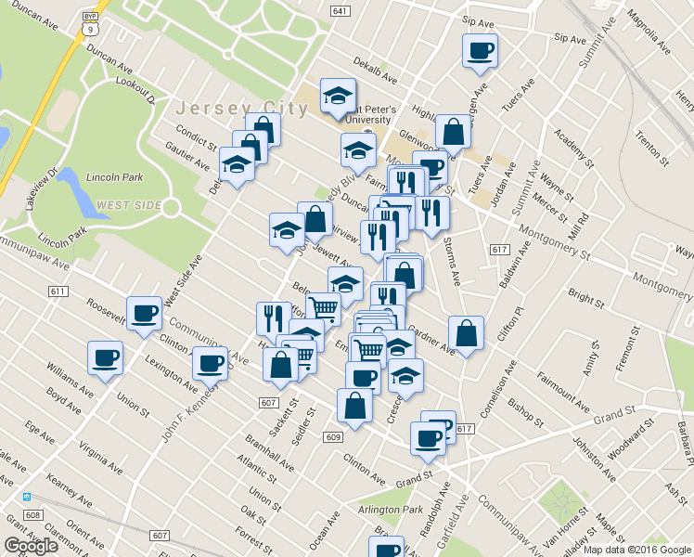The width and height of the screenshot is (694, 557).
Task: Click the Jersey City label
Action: pyautogui.click(x=241, y=107)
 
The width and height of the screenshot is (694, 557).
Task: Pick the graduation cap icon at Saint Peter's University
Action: pyautogui.click(x=338, y=94)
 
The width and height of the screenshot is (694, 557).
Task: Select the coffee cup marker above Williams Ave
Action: pyautogui.click(x=105, y=356)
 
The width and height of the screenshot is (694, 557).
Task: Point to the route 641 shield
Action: pyautogui.click(x=340, y=11)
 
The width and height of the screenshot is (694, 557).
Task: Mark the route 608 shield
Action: pyautogui.click(x=33, y=515)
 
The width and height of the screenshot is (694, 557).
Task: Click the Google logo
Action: pyautogui.click(x=32, y=546)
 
